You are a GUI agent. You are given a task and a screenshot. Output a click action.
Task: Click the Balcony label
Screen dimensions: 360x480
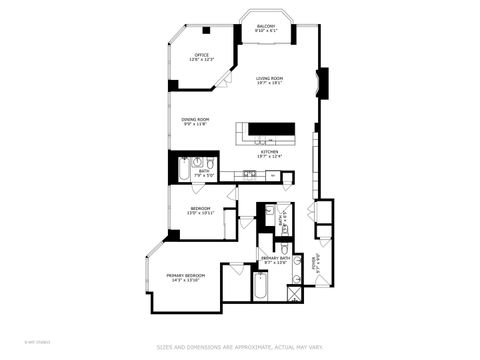coord(266,25)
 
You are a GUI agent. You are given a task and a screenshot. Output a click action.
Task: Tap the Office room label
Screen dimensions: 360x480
coord(201,55)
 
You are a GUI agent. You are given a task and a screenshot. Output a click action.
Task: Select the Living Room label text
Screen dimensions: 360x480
coord(270,78)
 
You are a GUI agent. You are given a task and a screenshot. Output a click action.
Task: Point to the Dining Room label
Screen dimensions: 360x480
coord(195,119)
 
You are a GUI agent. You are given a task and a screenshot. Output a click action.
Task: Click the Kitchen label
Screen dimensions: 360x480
coord(269,150)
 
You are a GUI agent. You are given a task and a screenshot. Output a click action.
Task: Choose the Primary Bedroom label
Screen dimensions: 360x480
coord(186,275)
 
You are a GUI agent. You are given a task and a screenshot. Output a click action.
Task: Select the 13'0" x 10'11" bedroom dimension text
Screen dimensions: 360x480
coord(201,213)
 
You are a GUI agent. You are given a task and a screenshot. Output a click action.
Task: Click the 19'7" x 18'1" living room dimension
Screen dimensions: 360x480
coord(270,84)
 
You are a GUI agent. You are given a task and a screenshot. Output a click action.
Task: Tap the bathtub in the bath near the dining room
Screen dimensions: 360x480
coord(182,170)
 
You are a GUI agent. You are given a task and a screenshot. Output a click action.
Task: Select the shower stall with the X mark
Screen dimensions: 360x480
coord(295,293)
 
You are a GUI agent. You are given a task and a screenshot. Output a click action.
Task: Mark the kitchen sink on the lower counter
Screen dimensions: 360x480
coord(250,174)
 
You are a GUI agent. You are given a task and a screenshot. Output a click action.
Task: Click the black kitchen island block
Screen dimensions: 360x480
coord(271,128)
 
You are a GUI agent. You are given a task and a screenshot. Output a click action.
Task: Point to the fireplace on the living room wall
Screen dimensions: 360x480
coord(321,81)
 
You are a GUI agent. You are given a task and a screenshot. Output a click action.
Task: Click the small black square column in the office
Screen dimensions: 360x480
coord(206,30)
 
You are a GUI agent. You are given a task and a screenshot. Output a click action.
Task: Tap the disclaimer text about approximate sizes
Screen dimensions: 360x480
coord(240,348)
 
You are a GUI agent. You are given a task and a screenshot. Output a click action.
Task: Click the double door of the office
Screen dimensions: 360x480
coord(225,77)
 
